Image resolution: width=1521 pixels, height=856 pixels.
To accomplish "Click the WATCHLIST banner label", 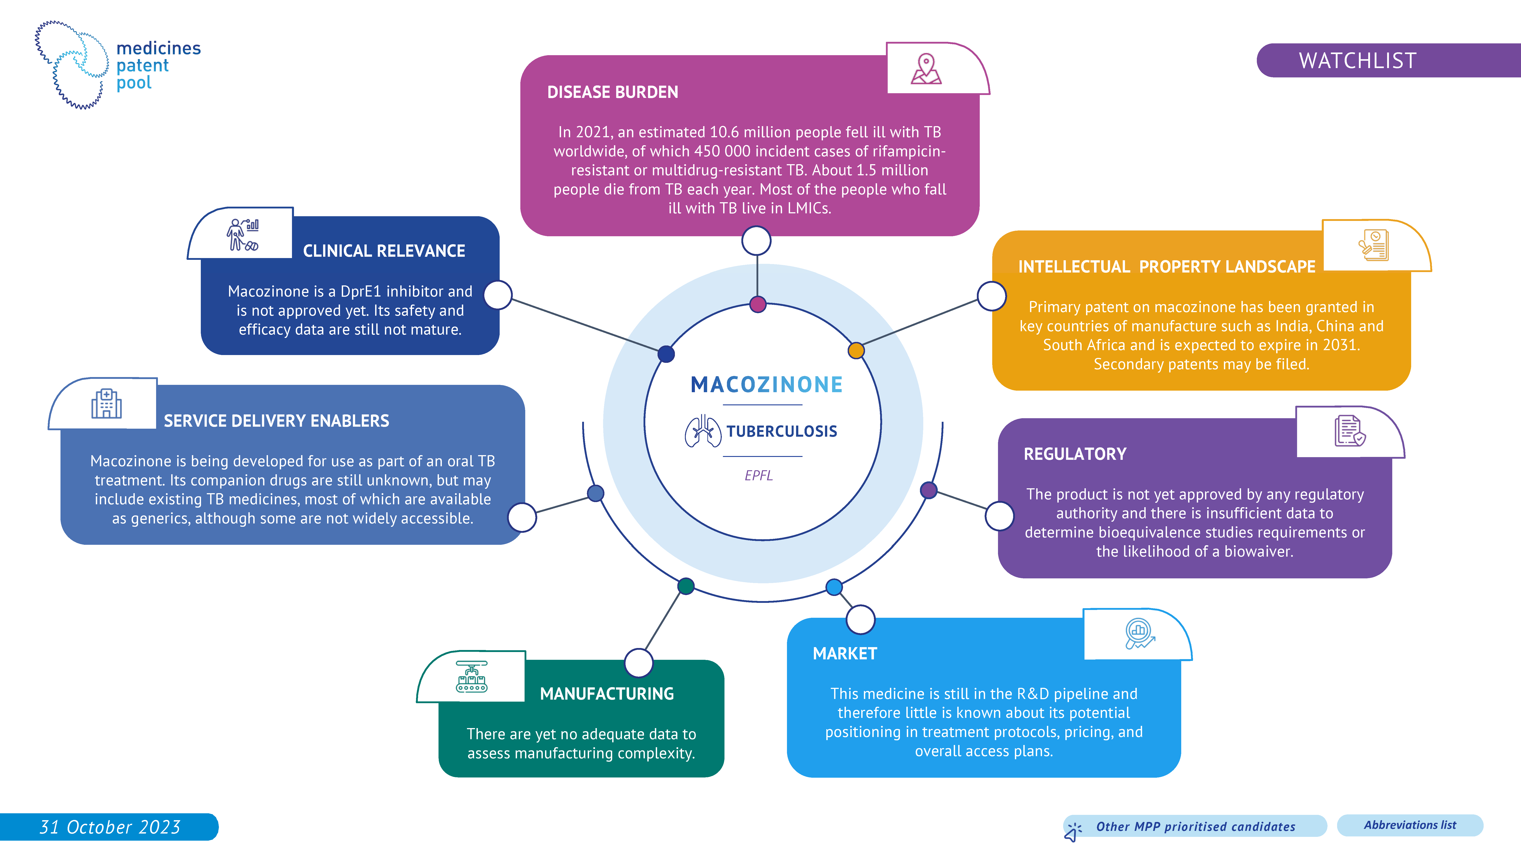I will pos(1357,60).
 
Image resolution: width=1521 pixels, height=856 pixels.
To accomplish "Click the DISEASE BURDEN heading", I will pos(612,92).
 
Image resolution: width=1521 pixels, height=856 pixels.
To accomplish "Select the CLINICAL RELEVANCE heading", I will pos(384,251).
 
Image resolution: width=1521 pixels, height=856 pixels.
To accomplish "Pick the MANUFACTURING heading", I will pos(606,694).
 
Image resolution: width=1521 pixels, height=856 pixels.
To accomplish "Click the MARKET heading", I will pos(844,653).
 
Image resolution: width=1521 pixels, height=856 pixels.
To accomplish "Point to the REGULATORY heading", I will pos(1075,454).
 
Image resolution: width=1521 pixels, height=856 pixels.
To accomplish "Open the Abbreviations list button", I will pos(1409,825).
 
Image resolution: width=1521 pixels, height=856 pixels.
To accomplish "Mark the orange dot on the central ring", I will pos(856,350).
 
